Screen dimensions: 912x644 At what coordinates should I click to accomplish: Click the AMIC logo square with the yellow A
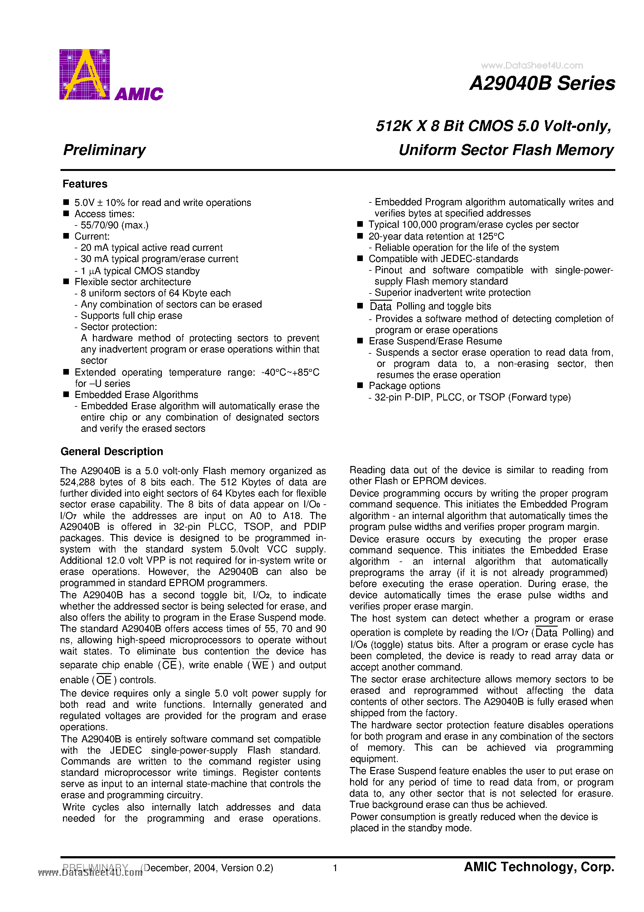click(84, 74)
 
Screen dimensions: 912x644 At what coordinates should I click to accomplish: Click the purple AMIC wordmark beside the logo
click(139, 94)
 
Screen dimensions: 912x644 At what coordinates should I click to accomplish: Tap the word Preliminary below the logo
click(104, 150)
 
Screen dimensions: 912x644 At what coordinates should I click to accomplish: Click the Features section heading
click(85, 184)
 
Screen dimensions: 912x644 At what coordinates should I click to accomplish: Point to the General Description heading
click(112, 452)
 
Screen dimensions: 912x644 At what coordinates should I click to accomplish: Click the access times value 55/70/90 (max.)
click(114, 225)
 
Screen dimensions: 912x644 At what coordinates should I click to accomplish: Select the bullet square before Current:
click(66, 236)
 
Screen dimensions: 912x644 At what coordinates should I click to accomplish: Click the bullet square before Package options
click(360, 385)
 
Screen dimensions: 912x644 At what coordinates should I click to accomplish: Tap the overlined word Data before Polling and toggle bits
click(380, 307)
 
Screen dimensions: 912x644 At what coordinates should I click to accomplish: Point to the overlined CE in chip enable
click(170, 665)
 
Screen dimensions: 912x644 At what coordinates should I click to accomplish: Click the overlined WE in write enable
click(261, 665)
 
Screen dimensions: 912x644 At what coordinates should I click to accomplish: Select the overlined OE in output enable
click(104, 680)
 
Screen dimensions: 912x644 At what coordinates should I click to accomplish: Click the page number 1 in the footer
click(335, 868)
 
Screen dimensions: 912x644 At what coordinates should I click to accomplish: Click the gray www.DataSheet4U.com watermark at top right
click(532, 65)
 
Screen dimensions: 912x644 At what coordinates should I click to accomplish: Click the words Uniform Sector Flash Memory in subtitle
click(506, 150)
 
